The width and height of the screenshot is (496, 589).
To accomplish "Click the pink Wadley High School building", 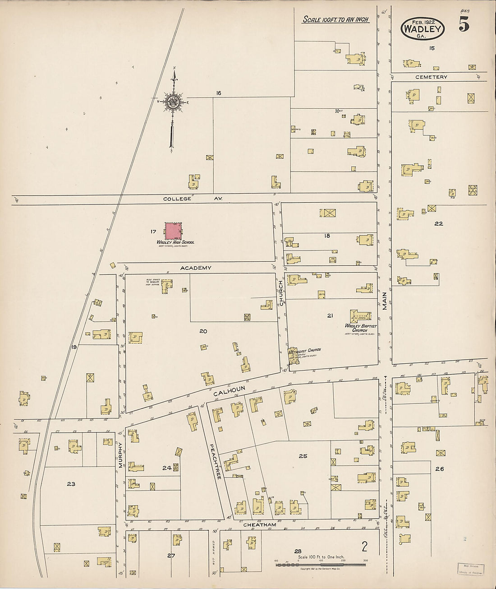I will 173,231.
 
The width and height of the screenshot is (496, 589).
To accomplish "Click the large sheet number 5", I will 464,24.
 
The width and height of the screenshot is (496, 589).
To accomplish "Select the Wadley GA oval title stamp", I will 423,29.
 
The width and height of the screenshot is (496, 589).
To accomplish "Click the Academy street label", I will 196,268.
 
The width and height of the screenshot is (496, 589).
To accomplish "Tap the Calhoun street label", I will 229,390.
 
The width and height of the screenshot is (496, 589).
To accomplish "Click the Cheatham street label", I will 259,525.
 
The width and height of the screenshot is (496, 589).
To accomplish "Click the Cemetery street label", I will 432,77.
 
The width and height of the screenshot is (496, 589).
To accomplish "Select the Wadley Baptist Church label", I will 361,328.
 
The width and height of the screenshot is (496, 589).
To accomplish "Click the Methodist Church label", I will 305,350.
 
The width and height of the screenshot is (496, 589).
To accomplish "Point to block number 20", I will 203,331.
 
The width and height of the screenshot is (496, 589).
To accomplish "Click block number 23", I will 71,484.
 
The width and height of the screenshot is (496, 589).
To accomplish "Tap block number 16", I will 219,93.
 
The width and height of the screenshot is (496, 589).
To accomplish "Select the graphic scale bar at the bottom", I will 321,564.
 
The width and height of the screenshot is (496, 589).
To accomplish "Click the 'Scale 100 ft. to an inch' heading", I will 335,19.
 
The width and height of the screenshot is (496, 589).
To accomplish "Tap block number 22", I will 438,223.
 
